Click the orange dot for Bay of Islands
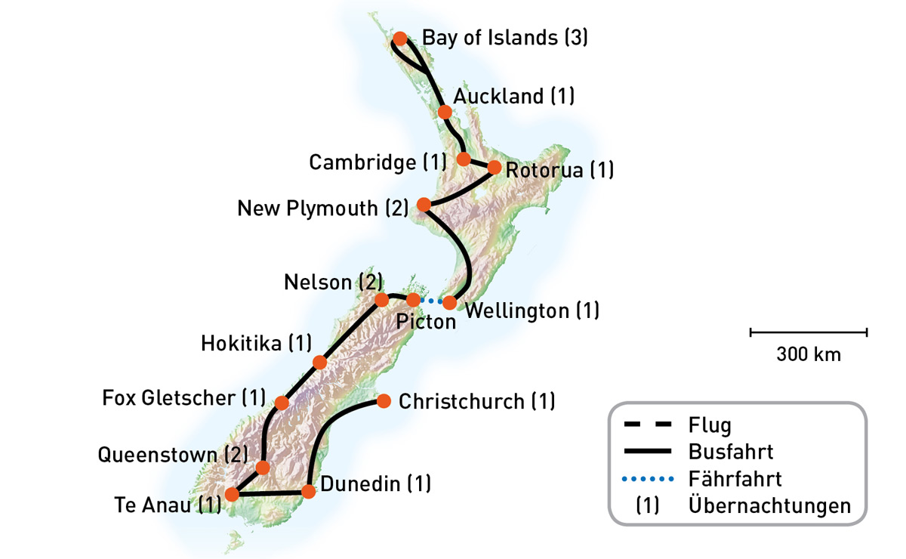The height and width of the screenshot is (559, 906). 401,39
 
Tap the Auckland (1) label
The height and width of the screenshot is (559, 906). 513,97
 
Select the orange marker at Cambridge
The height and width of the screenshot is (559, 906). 464,159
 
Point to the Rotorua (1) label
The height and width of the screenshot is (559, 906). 559,171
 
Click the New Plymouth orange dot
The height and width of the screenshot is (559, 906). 424,205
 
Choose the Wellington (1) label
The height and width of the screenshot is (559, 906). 532,310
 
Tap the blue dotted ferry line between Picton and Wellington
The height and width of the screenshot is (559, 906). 431,301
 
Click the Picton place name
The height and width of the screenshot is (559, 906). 426,323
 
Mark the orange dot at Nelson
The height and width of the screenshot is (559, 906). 381,299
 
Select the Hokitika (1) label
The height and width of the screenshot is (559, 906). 256,344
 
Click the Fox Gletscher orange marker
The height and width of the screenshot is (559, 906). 282,403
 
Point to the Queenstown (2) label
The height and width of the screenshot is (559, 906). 173,455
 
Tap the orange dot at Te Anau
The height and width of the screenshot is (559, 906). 233,495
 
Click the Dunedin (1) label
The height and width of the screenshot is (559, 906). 375,483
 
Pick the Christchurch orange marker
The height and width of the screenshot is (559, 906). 384,400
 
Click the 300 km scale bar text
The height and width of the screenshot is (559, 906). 809,354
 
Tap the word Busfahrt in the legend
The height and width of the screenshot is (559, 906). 731,452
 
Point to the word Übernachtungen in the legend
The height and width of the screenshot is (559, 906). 769,505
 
